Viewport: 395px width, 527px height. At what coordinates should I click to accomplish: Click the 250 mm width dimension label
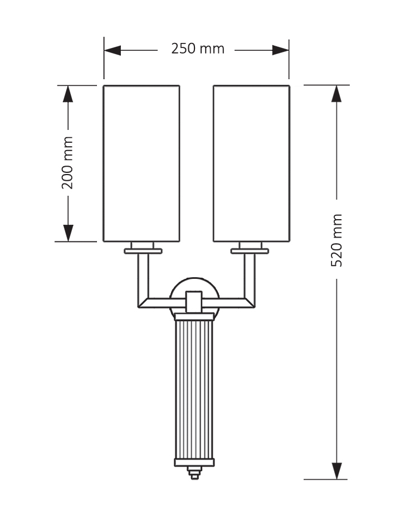[x=197, y=49]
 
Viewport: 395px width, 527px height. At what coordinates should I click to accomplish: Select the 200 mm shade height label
[x=67, y=163]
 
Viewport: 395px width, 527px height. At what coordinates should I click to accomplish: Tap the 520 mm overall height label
[x=337, y=240]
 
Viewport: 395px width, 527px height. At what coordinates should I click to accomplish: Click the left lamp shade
[x=142, y=163]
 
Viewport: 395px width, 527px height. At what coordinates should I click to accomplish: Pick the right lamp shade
[x=251, y=163]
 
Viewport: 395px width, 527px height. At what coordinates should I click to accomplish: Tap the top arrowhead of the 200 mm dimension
[x=68, y=94]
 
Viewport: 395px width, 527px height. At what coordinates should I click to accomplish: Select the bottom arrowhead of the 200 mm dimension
[x=68, y=233]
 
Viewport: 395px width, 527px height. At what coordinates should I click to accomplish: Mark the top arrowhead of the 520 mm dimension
[x=337, y=94]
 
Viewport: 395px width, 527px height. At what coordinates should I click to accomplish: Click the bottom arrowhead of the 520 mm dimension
[x=337, y=471]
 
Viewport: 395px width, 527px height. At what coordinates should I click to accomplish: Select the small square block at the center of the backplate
[x=194, y=301]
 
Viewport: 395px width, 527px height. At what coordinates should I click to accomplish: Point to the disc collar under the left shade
[x=143, y=251]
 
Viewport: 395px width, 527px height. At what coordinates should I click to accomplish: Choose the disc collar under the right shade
[x=250, y=251]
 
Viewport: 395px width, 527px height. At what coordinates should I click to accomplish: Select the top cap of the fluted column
[x=194, y=317]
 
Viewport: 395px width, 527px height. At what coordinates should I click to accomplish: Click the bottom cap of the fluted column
[x=194, y=462]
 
